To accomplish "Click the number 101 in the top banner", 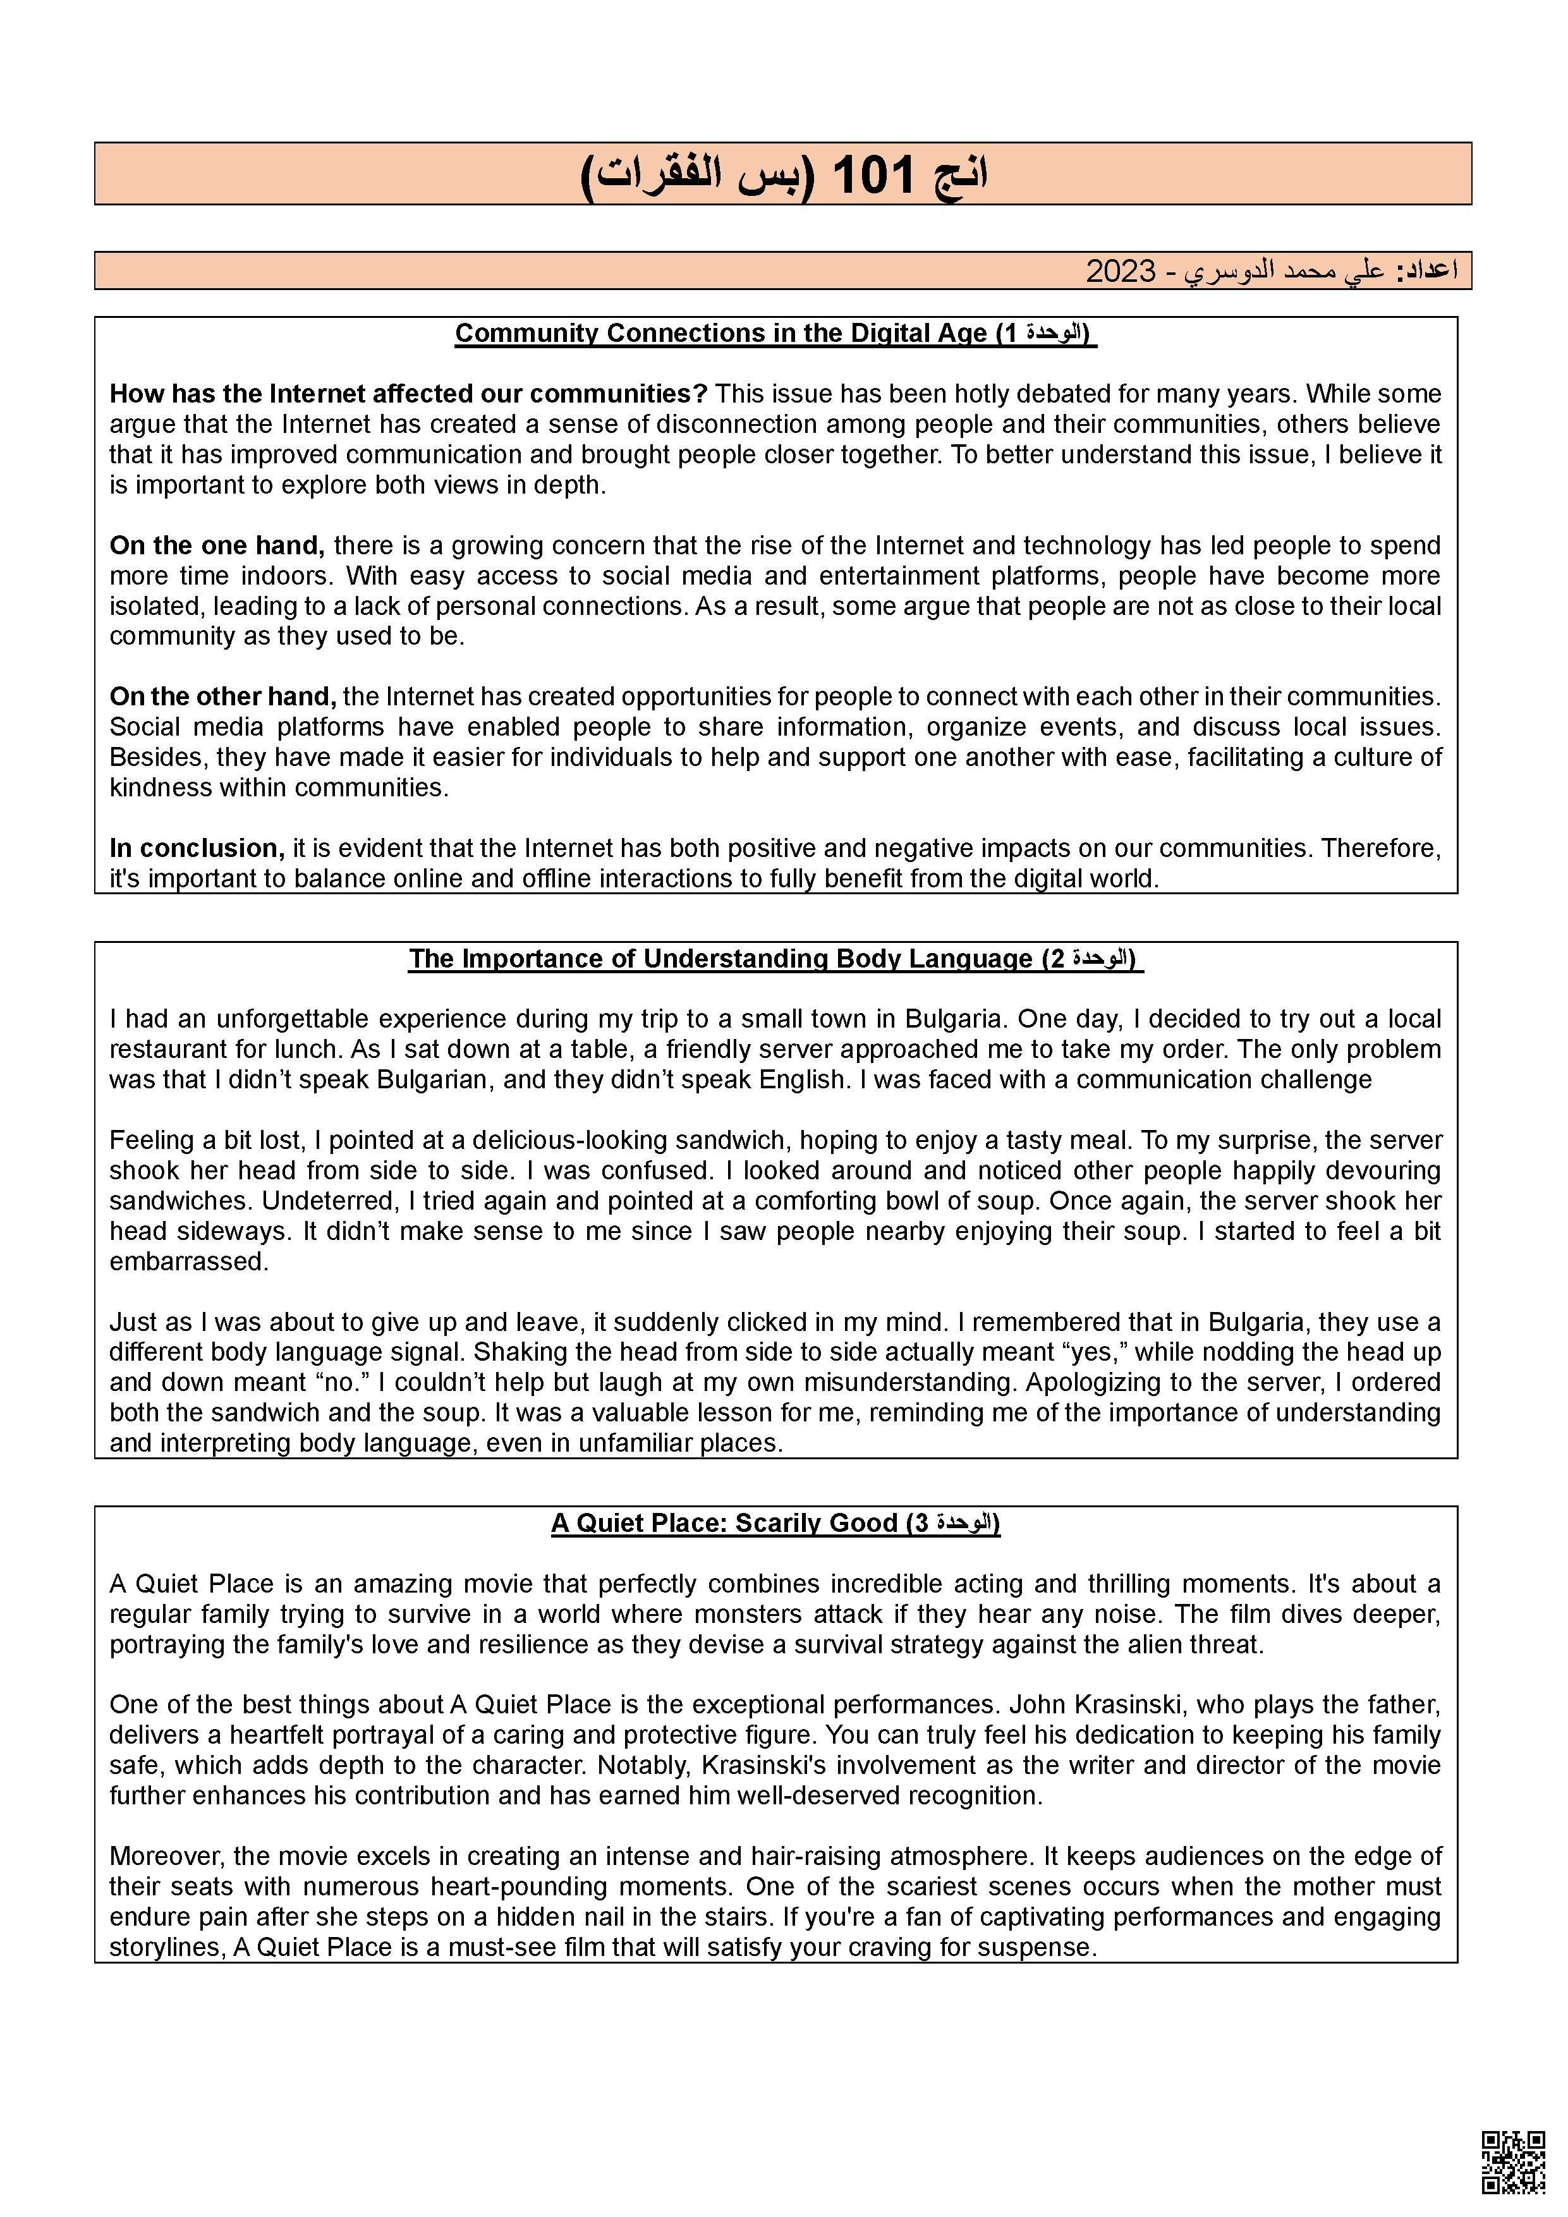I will point(872,176).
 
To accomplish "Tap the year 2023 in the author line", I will point(1120,271).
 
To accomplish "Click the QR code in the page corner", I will point(1513,2161).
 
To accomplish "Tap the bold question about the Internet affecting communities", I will point(408,394).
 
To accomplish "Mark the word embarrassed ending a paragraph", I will point(188,1262).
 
